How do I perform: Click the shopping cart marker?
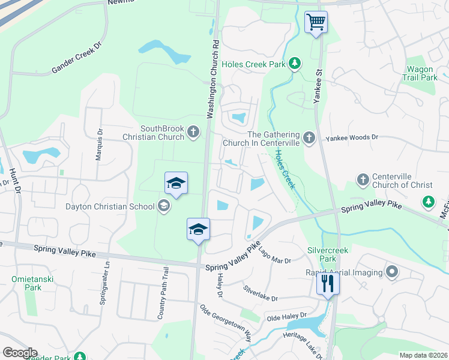point(316,23)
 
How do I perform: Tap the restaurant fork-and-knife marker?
point(328,283)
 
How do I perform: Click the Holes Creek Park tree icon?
point(294,63)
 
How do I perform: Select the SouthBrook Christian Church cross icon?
point(193,132)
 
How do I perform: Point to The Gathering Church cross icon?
point(309,139)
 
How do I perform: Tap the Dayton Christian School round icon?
point(163,207)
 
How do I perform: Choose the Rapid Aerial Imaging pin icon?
point(392,272)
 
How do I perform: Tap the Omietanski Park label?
point(26,283)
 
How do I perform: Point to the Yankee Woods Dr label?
point(352,137)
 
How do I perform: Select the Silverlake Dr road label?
point(261,293)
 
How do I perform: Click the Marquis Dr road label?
point(99,145)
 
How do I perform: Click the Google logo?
point(20,353)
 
